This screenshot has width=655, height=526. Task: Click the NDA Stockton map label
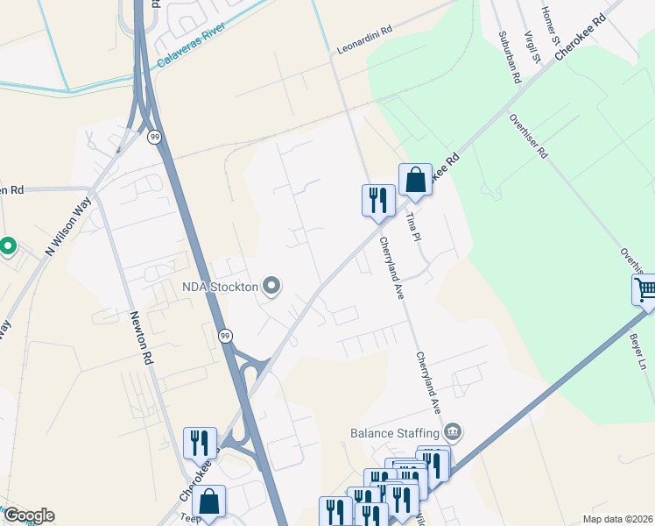click(219, 287)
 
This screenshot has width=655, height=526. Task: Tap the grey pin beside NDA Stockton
click(271, 286)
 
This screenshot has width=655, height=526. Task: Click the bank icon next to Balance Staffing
click(453, 431)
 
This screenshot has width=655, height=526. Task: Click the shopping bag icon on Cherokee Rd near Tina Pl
click(415, 180)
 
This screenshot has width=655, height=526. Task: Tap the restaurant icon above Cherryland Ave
click(378, 200)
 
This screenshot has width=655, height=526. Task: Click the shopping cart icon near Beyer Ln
click(645, 289)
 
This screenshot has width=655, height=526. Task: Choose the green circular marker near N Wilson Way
click(7, 246)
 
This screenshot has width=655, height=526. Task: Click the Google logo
click(29, 515)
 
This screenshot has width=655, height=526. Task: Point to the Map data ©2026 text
click(618, 519)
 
